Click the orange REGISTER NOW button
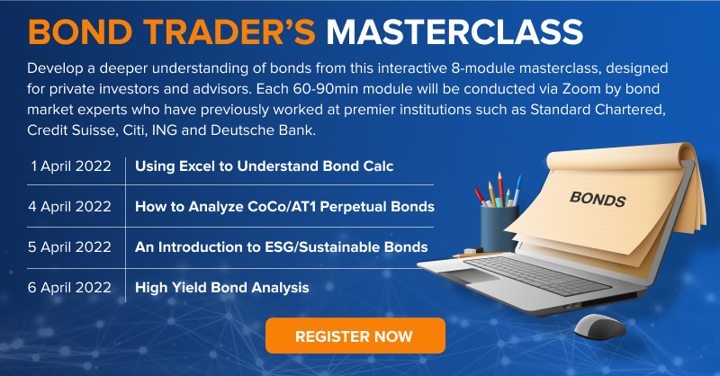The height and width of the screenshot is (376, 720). tap(355, 336)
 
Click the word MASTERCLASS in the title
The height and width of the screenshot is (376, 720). tap(454, 32)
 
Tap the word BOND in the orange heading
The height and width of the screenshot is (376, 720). tap(80, 32)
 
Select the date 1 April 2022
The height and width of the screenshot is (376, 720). tap(71, 166)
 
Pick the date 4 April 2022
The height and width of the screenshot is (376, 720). tap(70, 207)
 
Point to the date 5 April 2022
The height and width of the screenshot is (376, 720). tap(70, 247)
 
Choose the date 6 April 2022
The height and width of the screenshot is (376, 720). tap(70, 287)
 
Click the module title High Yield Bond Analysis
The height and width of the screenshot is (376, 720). tap(221, 288)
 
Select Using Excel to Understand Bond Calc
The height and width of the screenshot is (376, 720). tap(264, 166)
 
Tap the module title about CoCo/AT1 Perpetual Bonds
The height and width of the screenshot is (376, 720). tap(284, 207)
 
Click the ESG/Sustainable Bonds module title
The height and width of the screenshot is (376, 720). tap(281, 247)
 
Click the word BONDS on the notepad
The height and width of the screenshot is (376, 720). tap(598, 199)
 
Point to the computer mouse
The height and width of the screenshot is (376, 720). tap(599, 326)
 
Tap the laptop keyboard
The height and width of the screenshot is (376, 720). tap(537, 274)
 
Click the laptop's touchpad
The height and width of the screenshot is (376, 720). tap(466, 277)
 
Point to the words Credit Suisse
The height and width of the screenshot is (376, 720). tap(71, 130)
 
